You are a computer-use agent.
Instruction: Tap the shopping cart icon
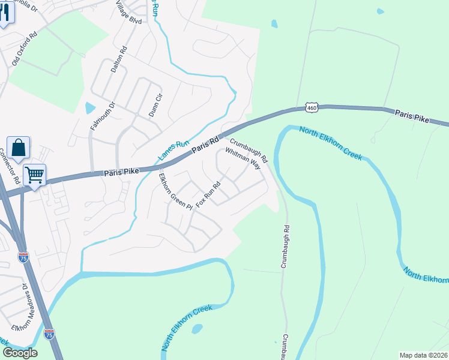[35, 175]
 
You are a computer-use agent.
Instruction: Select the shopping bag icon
[18, 148]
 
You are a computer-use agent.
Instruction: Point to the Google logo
[19, 353]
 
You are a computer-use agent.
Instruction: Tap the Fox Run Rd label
[209, 193]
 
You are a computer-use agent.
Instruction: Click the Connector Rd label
[13, 166]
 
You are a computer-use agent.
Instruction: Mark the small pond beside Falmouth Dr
[90, 109]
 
